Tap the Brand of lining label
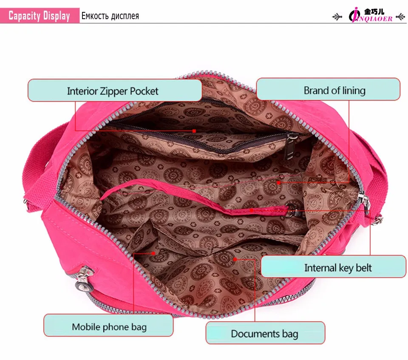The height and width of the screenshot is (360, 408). pos(328,90)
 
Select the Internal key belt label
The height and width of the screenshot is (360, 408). pos(333,267)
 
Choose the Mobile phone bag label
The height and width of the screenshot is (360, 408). pos(108,326)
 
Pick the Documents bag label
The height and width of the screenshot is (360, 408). pos(265,334)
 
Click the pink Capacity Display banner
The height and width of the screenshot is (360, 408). pos(40,16)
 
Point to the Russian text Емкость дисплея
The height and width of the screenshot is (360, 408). pos(110,16)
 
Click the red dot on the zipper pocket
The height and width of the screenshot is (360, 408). pos(194,131)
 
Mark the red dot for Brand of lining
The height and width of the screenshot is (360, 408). pos(279,183)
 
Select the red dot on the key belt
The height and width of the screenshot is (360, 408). pos(251,210)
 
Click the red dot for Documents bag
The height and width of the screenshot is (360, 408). pos(235,258)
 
